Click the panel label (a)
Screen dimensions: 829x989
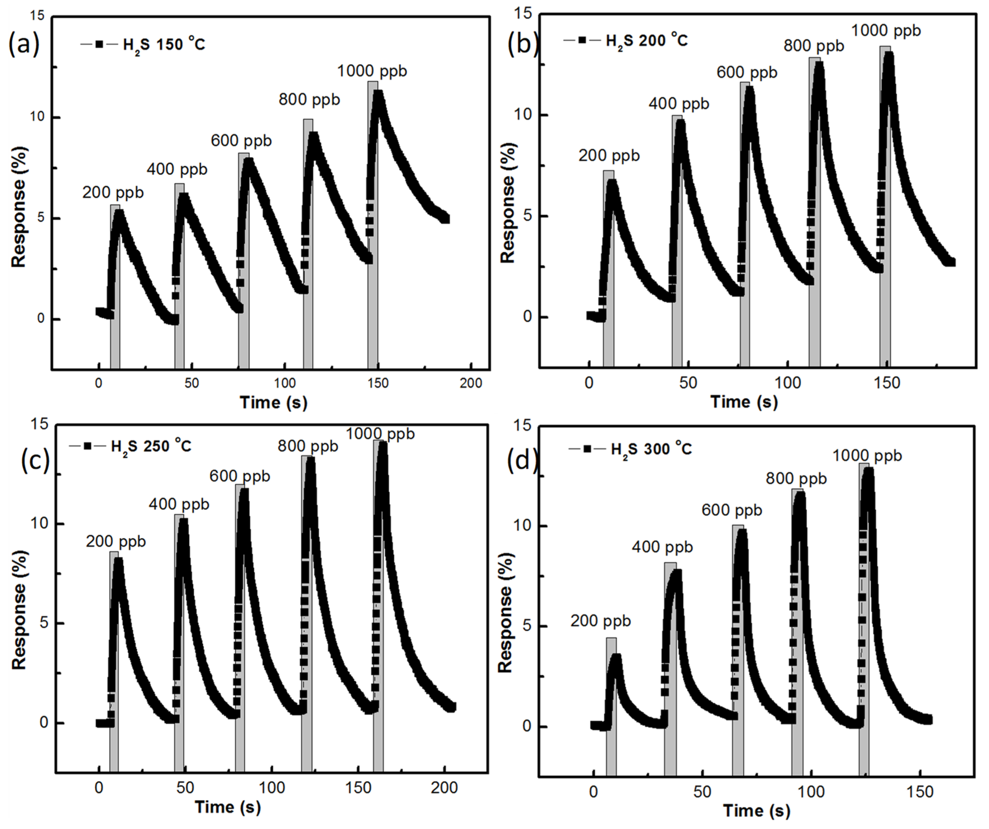coord(24,45)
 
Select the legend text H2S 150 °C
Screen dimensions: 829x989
coord(164,45)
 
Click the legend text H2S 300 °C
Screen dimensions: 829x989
coord(651,449)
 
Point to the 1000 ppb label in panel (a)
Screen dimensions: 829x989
coord(372,71)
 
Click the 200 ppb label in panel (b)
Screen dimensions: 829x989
coord(609,156)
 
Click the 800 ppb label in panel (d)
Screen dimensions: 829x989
coord(796,479)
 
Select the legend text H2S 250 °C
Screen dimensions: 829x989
coord(151,446)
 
